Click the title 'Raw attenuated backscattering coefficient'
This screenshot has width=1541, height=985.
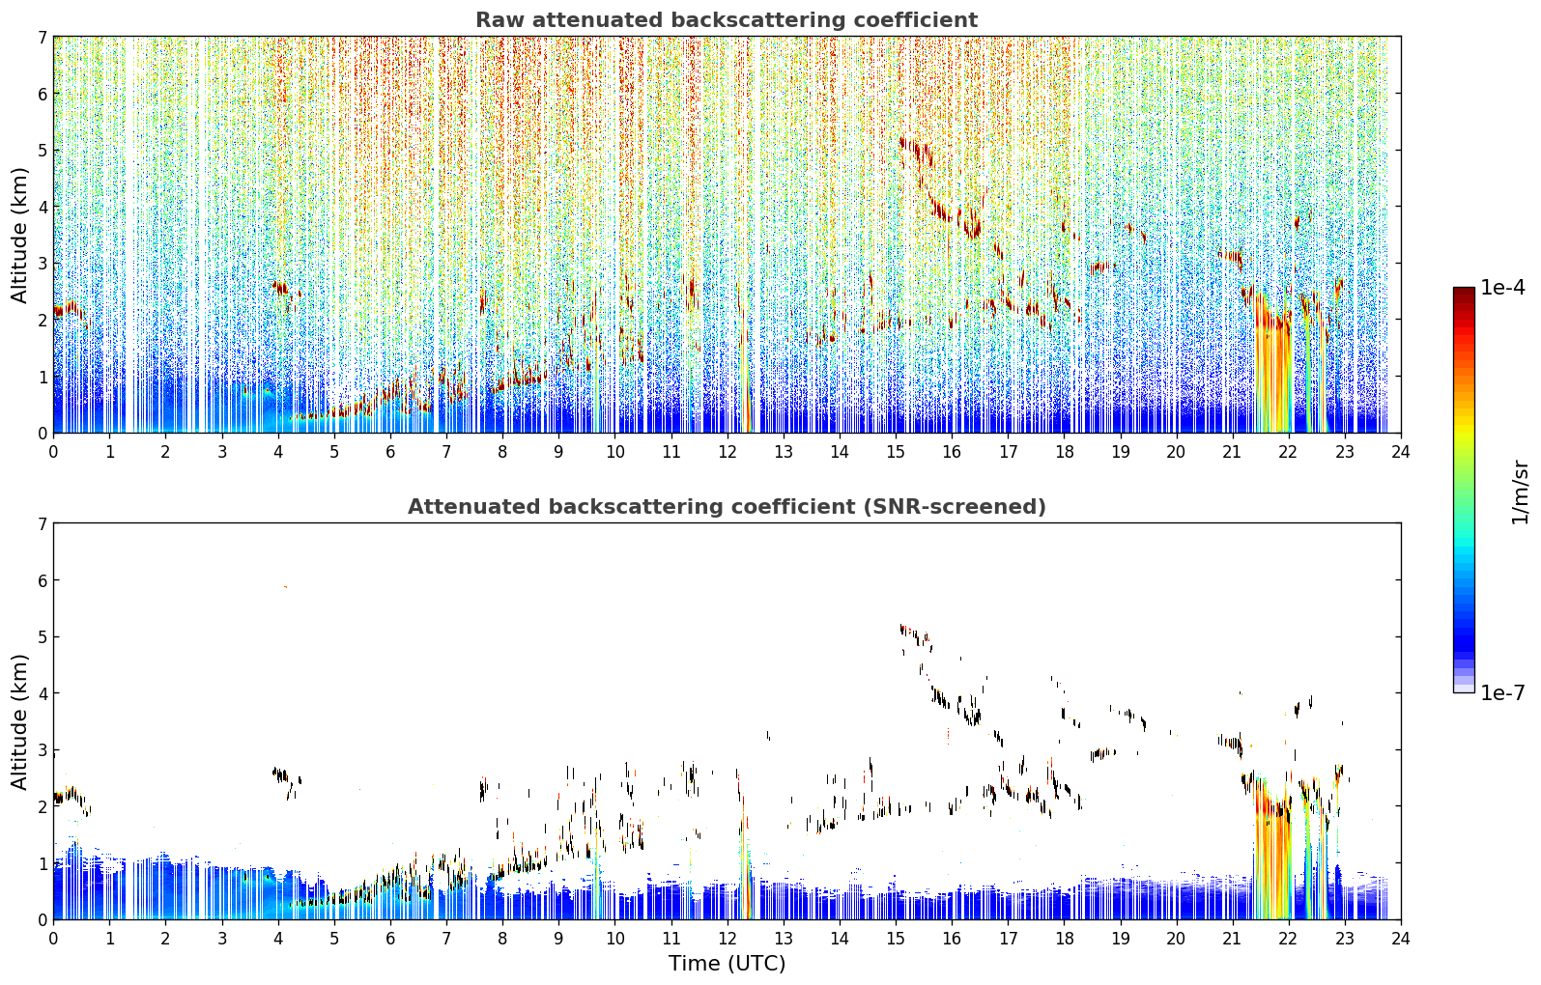727,20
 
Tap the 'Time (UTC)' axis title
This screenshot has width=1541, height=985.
727,963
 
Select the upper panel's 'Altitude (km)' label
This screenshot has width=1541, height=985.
19,235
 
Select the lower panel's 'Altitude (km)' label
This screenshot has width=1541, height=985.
19,721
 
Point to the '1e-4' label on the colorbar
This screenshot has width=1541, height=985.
1502,288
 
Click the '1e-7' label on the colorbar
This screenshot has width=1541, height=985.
1502,692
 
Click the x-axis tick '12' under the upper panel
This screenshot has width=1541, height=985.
728,452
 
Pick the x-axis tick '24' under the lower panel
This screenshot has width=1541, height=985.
1401,939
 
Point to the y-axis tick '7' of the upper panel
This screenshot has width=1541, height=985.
42,37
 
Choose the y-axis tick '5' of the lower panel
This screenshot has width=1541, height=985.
42,637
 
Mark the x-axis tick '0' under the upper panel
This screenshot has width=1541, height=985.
54,452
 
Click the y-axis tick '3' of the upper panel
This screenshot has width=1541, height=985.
42,264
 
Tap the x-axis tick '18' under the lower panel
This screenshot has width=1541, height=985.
1065,939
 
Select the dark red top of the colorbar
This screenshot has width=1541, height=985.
1464,292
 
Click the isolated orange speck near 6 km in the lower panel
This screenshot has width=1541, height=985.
285,587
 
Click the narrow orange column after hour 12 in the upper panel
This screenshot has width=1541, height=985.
747,372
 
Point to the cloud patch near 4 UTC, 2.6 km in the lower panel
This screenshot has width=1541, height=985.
284,775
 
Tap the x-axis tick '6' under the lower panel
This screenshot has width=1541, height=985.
390,939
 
